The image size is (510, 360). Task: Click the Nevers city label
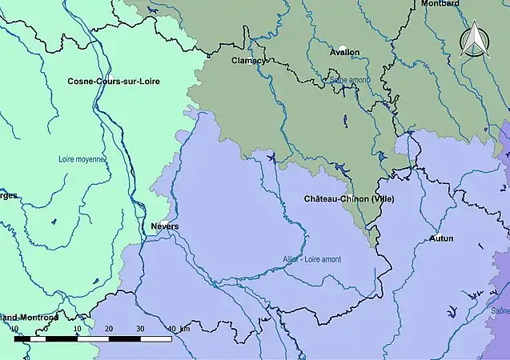pos(165,226)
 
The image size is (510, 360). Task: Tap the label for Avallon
pos(344,52)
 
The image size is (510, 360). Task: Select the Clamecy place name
pos(247,60)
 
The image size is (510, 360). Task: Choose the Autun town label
pos(441,238)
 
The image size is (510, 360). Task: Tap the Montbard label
pos(440,4)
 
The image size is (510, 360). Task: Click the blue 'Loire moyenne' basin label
pos(82,159)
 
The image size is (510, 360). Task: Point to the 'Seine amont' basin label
pos(348,80)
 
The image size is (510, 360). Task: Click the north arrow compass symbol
pos(473,42)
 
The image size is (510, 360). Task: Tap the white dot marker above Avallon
pos(343,48)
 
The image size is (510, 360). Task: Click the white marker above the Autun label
pos(438,234)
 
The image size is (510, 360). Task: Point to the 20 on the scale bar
pos(108,329)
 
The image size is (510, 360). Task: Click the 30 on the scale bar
pos(139,329)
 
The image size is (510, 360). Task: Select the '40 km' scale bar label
pos(178,329)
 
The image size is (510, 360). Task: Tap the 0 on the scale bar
pos(46,329)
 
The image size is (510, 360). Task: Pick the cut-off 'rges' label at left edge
pos(8,194)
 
